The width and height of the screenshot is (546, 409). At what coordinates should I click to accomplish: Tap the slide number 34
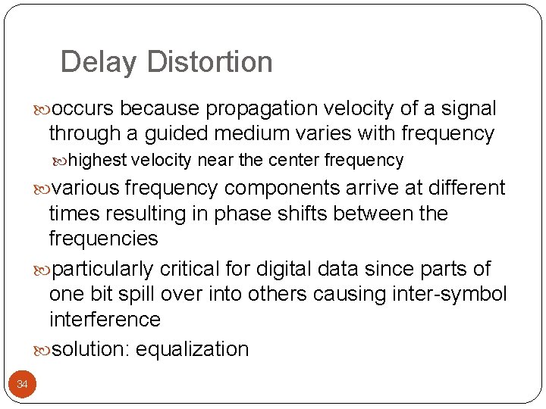coord(22,385)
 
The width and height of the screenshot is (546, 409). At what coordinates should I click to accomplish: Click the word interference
coord(105,319)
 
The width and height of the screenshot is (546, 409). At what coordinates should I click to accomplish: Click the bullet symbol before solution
coord(42,350)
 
